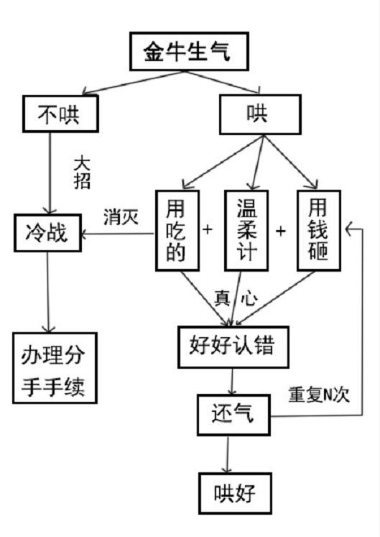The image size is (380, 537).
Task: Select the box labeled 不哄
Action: point(60,114)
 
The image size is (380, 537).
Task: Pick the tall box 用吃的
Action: point(177,230)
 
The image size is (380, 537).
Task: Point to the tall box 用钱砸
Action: point(318,230)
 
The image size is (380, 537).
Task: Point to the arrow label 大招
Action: point(83,171)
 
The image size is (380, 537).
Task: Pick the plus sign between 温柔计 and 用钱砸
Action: point(281,231)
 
